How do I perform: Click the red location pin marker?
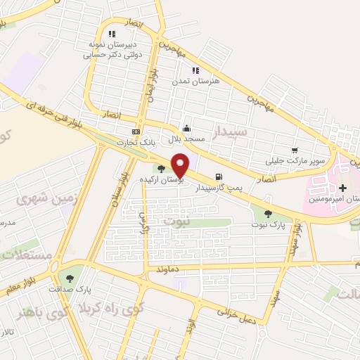(x=180, y=165)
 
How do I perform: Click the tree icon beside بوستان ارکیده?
(x=162, y=169)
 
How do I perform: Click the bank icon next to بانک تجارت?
(x=136, y=131)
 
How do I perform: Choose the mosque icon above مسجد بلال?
(x=186, y=128)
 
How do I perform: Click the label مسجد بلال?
(x=186, y=139)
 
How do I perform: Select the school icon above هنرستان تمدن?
(x=195, y=70)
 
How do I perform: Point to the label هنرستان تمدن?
(x=196, y=82)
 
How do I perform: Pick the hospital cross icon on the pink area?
(x=342, y=188)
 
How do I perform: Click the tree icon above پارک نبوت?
(x=268, y=213)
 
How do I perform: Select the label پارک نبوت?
(x=268, y=224)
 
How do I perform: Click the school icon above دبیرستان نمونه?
(x=111, y=33)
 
